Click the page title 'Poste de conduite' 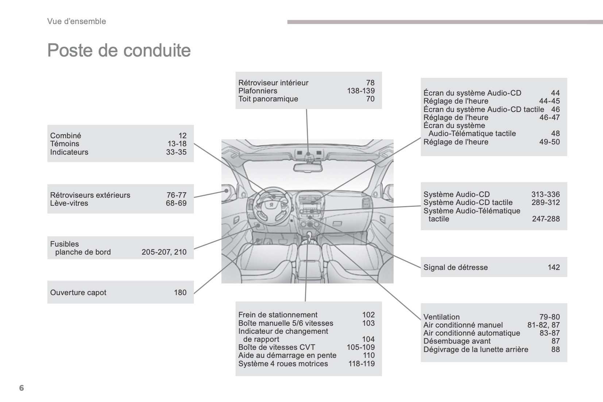[119, 50]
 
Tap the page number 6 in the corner [22, 388]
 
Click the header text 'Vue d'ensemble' [77, 22]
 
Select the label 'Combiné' [66, 136]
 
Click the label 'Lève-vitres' [69, 203]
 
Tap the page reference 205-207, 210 [164, 252]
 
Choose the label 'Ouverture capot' [78, 293]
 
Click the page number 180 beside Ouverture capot [180, 293]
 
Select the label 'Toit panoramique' [268, 99]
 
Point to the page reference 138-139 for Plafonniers [361, 91]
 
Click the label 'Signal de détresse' [456, 267]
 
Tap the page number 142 [553, 267]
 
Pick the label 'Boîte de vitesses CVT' [277, 347]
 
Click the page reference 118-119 [362, 364]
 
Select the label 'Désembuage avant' [457, 341]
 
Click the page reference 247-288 [546, 219]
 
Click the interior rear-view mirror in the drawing [309, 167]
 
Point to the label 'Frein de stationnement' [278, 315]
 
